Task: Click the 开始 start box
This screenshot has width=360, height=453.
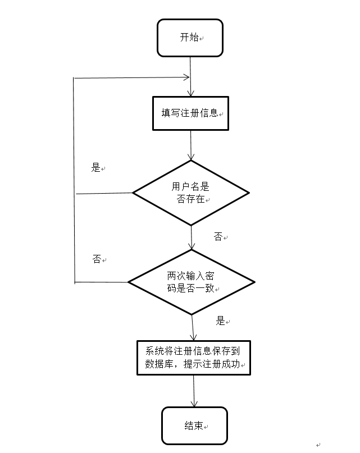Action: pos(190,38)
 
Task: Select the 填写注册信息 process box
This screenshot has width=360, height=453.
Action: pos(191,113)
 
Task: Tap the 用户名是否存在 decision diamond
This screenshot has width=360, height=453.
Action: pos(191,193)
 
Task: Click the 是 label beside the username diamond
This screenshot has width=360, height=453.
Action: pos(95,167)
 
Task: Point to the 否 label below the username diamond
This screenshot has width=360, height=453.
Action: pos(218,237)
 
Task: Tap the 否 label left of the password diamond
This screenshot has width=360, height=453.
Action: pos(97,259)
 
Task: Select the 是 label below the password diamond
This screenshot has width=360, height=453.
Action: pos(220,321)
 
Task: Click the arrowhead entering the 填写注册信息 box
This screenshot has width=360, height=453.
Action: pos(191,94)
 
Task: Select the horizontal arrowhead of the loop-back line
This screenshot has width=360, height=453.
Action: pos(186,77)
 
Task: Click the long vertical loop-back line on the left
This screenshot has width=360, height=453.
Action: pos(74,180)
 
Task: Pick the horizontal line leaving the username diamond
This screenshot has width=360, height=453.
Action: pos(104,194)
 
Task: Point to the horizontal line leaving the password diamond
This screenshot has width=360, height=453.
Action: pos(101,282)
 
